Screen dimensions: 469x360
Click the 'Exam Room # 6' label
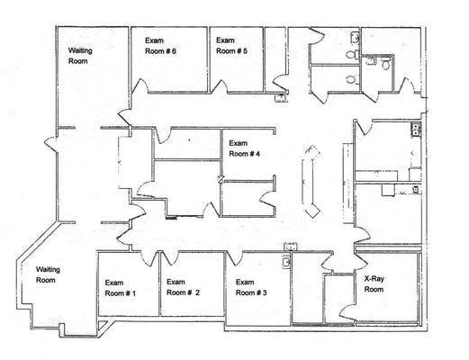[160, 46]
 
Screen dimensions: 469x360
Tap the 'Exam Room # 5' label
[231, 46]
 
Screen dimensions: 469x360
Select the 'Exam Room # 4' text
[244, 148]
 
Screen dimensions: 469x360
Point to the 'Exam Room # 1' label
[120, 288]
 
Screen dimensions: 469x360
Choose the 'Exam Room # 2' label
[183, 287]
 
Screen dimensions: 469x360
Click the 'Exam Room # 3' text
[251, 287]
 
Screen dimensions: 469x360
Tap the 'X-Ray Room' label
[374, 283]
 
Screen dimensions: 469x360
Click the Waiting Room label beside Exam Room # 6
[80, 56]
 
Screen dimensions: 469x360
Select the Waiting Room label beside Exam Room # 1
[48, 274]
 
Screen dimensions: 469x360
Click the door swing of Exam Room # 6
[140, 86]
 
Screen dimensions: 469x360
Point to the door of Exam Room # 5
[220, 86]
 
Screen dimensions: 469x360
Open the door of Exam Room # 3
[234, 258]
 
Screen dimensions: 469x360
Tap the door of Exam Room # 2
[170, 258]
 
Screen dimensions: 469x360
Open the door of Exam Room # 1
[149, 259]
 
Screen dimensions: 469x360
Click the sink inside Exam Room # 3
[286, 262]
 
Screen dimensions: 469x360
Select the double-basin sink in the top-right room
[416, 130]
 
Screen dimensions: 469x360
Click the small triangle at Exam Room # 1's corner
[103, 326]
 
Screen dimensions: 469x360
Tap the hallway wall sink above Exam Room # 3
[291, 247]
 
